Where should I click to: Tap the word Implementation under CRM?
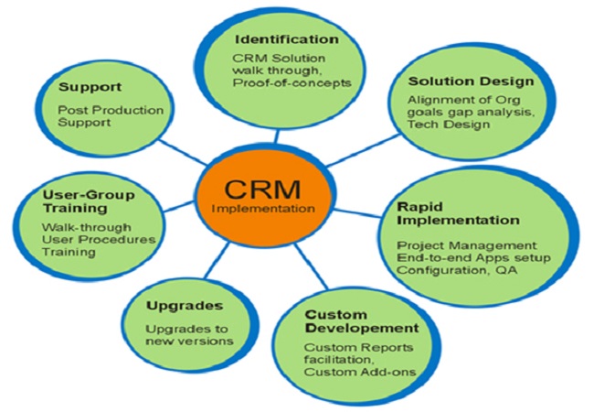tap(262, 209)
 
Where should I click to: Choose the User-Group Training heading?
tap(89, 201)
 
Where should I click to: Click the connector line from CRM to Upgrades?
tap(220, 255)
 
